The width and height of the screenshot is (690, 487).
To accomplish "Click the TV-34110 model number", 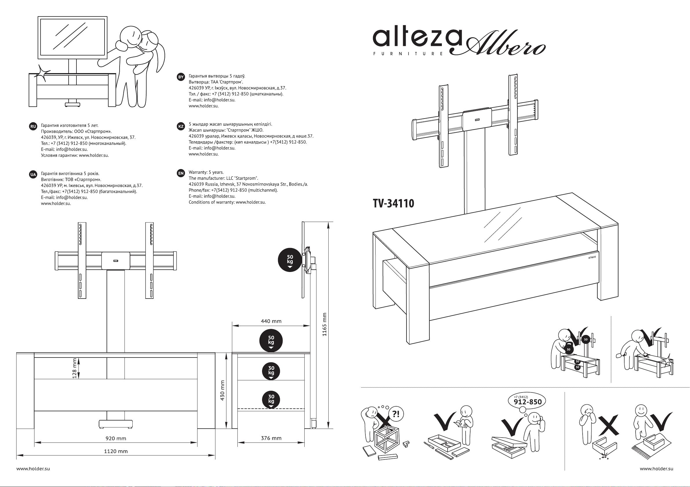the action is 393,203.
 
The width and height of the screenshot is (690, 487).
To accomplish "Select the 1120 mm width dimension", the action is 116,451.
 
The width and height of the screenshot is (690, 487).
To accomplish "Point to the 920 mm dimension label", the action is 116,438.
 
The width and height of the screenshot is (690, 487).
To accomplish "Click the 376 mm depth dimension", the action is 271,438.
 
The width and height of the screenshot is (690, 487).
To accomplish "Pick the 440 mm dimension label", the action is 271,321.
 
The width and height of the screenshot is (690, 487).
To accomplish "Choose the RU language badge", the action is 33,126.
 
